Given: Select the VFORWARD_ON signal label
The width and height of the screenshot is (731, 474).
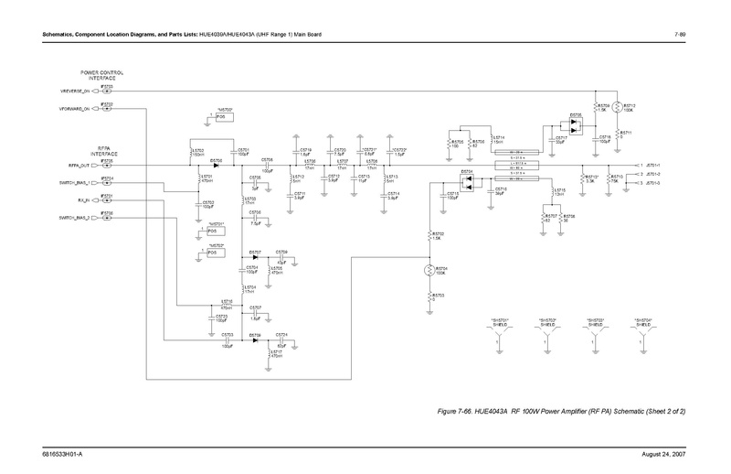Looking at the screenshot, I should click(75, 110).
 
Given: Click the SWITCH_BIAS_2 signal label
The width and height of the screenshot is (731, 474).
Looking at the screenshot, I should click(76, 217).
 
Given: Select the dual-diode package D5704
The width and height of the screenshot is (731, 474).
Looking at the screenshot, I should click(467, 181).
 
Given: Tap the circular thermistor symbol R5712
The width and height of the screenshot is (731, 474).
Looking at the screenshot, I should click(616, 107).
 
